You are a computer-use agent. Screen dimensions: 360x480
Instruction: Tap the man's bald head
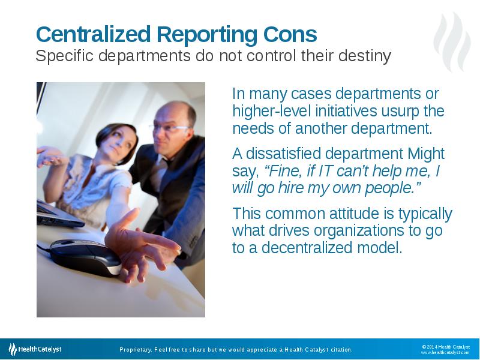point(177,111)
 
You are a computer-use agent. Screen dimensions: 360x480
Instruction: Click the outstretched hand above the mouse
point(141,240)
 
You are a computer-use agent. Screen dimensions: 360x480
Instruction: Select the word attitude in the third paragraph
point(352,214)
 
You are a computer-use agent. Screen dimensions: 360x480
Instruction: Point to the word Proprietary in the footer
point(134,349)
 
